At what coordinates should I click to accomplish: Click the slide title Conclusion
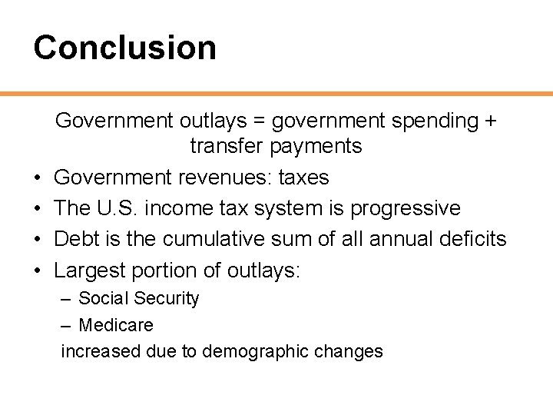[124, 47]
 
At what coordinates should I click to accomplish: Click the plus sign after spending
[489, 121]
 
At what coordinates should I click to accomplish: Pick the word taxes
[303, 178]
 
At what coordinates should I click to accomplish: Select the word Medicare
[116, 325]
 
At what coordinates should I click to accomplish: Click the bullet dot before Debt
[38, 240]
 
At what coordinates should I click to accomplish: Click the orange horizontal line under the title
[276, 94]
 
